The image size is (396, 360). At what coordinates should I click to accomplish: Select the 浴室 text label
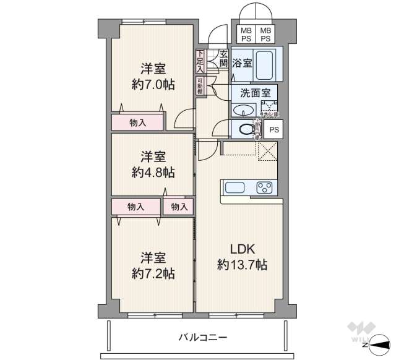pyautogui.click(x=242, y=62)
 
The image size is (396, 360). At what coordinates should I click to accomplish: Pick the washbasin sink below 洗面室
pyautogui.click(x=242, y=111)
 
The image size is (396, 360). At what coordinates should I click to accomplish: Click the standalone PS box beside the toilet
pyautogui.click(x=273, y=129)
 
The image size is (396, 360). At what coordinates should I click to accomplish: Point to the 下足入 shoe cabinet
pyautogui.click(x=200, y=61)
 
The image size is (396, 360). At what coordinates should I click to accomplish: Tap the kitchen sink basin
pyautogui.click(x=235, y=187)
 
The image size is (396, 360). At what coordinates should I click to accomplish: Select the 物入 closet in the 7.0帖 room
pyautogui.click(x=138, y=122)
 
